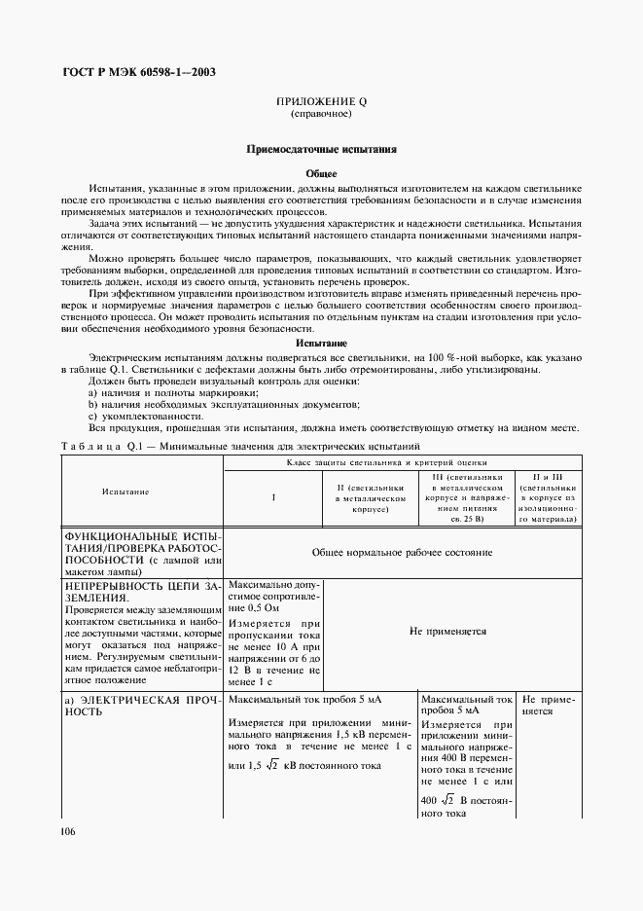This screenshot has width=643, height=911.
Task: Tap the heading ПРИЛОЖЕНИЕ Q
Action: pyautogui.click(x=321, y=101)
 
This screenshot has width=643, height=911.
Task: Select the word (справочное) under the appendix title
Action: pyautogui.click(x=321, y=114)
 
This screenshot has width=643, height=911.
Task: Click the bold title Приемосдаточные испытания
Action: pyautogui.click(x=321, y=151)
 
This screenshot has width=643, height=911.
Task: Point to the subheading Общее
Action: pyautogui.click(x=321, y=172)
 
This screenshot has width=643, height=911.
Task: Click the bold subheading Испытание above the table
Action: pyautogui.click(x=321, y=344)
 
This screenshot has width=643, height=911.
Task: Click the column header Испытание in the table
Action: pyautogui.click(x=125, y=492)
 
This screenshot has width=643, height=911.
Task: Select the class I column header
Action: pyautogui.click(x=273, y=497)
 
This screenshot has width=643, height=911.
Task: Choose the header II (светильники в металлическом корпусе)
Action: pyautogui.click(x=369, y=497)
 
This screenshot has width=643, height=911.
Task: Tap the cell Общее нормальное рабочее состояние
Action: pyautogui.click(x=402, y=552)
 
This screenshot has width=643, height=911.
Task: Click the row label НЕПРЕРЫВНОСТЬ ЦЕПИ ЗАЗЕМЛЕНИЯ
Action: pyautogui.click(x=142, y=593)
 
